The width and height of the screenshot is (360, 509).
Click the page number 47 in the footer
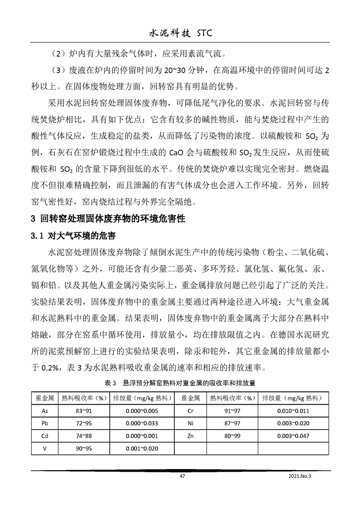[182, 476]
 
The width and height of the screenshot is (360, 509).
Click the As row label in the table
[45, 411]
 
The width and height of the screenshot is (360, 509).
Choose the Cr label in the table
[191, 411]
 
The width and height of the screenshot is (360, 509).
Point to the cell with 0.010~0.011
[293, 411]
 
